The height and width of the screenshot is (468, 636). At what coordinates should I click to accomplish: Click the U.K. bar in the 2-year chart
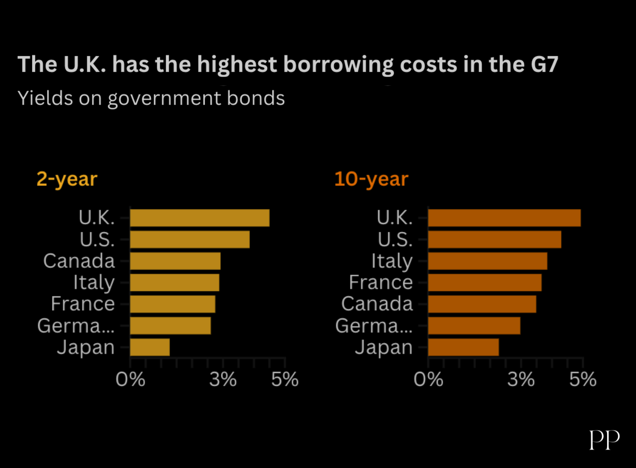199,218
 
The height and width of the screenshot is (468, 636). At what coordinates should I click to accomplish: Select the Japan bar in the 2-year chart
150,347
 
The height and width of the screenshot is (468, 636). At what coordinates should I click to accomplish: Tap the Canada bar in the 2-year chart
175,261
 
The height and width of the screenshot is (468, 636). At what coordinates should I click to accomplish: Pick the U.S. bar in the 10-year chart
494,240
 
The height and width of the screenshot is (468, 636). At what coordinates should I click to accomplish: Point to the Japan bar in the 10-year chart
463,347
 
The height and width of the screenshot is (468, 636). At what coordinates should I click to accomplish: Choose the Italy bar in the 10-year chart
488,261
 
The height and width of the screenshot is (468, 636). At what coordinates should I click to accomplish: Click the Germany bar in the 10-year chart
474,326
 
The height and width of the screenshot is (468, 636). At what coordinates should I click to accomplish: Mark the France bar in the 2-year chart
173,304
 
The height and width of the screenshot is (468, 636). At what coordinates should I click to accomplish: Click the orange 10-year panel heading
371,179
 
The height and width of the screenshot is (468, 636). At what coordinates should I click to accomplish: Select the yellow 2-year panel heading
67,179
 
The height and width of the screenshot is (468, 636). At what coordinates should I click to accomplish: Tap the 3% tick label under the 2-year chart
223,379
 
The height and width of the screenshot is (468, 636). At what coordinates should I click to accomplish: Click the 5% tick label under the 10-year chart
583,379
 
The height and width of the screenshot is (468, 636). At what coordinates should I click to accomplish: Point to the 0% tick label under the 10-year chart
428,379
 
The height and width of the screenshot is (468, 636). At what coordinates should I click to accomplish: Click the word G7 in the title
544,64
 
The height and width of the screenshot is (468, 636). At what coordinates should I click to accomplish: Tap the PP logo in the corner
604,440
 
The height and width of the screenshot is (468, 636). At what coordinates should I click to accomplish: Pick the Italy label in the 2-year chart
94,283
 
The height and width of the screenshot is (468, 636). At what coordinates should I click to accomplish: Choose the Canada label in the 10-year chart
377,304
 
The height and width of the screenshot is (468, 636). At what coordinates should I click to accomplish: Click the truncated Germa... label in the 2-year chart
76,326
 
